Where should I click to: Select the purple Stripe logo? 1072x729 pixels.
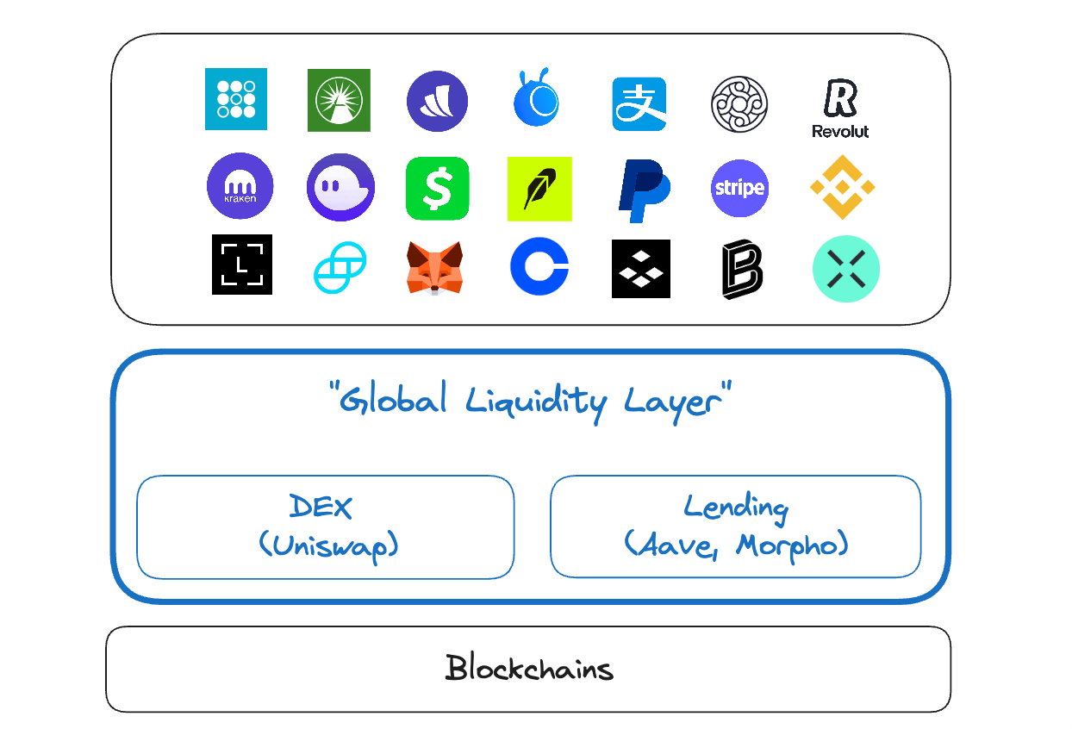click(x=739, y=188)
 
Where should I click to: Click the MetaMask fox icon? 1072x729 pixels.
click(x=435, y=267)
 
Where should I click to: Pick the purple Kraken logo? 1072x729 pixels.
click(x=240, y=186)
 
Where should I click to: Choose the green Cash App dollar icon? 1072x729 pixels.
click(x=438, y=188)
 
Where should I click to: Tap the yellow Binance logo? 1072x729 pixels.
click(x=843, y=187)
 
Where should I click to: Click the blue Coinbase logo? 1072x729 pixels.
click(x=539, y=267)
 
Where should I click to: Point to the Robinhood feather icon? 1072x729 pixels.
click(x=539, y=189)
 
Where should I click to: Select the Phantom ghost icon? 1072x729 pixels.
click(x=340, y=188)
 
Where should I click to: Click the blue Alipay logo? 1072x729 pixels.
click(x=639, y=104)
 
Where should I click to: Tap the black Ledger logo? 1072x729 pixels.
click(x=242, y=265)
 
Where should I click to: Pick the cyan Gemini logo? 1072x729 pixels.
click(x=340, y=267)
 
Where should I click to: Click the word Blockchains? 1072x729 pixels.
click(x=529, y=669)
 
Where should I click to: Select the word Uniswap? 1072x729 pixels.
click(x=328, y=545)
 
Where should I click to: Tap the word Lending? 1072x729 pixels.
click(x=735, y=507)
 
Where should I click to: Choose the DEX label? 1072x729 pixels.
click(x=321, y=507)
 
